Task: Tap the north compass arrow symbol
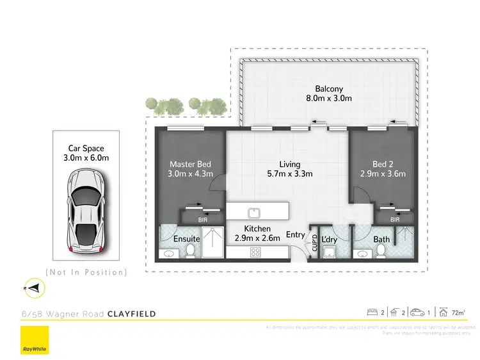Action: click(35, 289)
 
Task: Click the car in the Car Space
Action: click(86, 210)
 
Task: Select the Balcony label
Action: click(329, 89)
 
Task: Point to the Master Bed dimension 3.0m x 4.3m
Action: click(190, 174)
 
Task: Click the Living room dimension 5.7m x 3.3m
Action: click(289, 174)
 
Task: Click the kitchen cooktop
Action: click(254, 251)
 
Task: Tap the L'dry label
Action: click(330, 239)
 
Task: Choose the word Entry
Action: click(296, 235)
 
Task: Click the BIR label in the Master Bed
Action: click(203, 219)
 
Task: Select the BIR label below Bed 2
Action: click(395, 219)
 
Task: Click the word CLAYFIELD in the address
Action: click(131, 314)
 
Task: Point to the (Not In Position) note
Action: click(86, 272)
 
